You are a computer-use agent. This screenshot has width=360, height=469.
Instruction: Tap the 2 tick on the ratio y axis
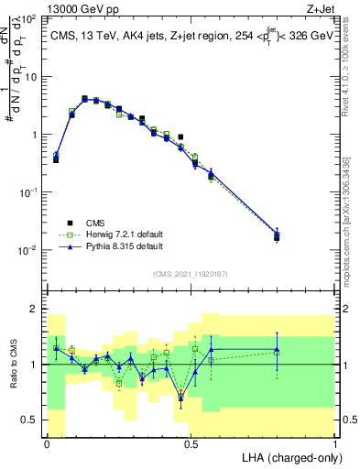36,309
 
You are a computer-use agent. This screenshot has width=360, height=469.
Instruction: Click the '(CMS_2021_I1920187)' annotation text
190,273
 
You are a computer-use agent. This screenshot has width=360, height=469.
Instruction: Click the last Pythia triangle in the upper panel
278,234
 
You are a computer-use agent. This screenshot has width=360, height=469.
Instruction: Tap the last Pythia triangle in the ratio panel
278,351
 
